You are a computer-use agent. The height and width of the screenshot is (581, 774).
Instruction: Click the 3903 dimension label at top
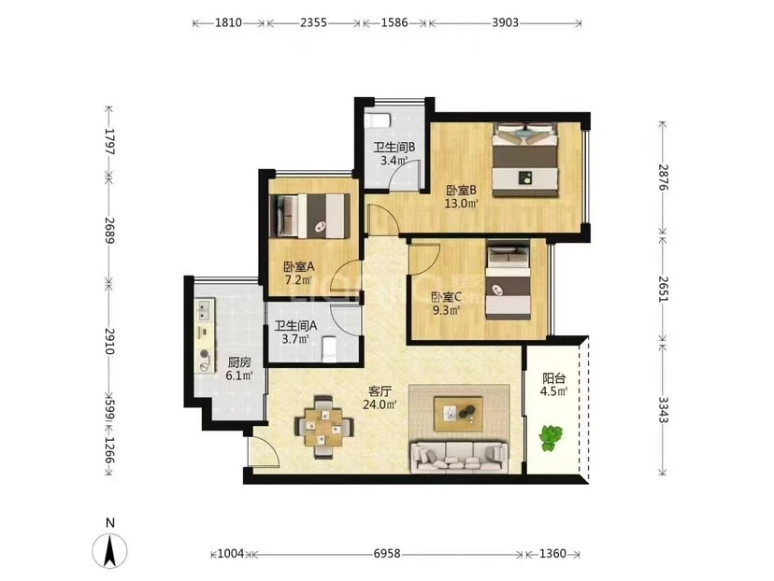click(506, 22)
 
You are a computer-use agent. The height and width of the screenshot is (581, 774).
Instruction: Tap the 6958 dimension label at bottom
click(386, 554)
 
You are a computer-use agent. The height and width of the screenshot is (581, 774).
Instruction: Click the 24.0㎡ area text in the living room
click(380, 404)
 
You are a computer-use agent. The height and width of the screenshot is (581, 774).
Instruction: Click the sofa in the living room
click(460, 457)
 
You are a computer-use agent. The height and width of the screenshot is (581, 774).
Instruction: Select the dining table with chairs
click(323, 426)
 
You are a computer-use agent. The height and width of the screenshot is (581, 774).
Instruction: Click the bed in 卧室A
click(309, 216)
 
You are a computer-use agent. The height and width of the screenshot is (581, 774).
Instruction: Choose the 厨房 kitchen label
click(239, 363)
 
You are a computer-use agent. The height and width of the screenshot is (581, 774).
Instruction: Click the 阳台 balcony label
click(553, 379)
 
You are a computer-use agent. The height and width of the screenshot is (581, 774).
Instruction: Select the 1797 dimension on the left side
click(109, 142)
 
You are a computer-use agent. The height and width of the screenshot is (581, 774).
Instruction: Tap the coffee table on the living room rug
click(459, 414)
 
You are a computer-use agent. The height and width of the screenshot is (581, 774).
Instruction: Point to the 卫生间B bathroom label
click(394, 147)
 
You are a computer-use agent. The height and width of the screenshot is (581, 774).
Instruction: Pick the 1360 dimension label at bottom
click(552, 554)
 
